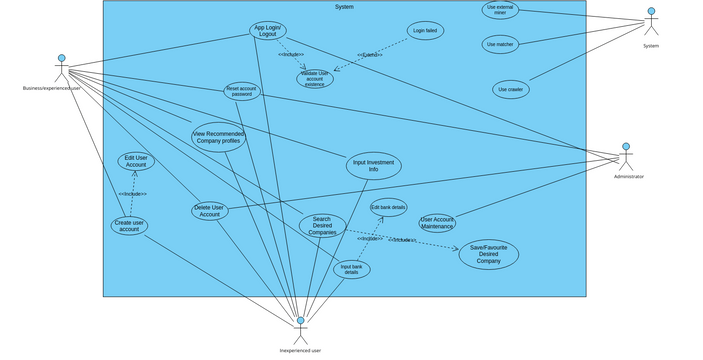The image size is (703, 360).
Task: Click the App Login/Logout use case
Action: click(267, 31)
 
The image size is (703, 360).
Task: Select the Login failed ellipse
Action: click(425, 31)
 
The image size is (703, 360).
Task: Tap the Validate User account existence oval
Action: click(314, 79)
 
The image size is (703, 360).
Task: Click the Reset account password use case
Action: click(242, 91)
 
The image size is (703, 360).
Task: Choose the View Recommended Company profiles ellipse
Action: click(218, 137)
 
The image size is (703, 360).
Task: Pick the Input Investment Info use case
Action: click(373, 166)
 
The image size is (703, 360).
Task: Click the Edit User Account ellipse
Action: click(136, 161)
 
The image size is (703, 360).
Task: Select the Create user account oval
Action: click(129, 226)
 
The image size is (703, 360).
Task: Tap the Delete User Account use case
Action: click(209, 211)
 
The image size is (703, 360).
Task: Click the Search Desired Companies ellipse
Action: click(321, 225)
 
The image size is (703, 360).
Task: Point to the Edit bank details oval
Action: click(388, 208)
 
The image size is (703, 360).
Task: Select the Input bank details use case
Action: click(351, 269)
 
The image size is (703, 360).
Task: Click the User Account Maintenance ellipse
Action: click(437, 222)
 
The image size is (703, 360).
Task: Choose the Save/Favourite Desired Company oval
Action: click(488, 254)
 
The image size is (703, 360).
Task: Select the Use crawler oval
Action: click(511, 89)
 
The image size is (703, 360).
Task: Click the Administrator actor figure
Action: click(626, 158)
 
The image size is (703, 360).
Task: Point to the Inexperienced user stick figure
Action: click(300, 330)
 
